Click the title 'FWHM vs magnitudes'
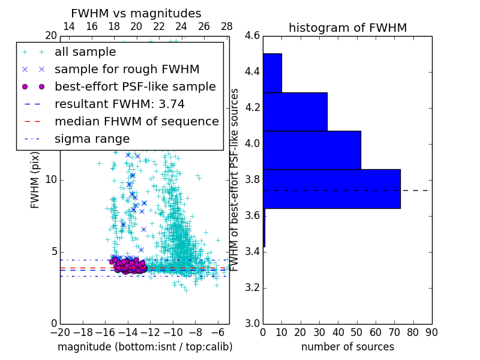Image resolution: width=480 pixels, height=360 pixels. click(x=136, y=13)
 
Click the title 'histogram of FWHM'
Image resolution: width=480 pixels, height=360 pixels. click(x=347, y=28)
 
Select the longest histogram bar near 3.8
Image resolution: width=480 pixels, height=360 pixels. click(x=331, y=188)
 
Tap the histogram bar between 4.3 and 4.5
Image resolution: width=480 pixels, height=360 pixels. click(x=272, y=73)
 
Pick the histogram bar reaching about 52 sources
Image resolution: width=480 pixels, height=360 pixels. click(x=312, y=150)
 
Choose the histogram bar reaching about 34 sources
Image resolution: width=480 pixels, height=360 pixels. click(x=295, y=112)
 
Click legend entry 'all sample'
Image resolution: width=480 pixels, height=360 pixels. click(x=85, y=52)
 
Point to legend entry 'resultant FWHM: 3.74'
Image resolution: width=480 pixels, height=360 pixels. click(x=119, y=104)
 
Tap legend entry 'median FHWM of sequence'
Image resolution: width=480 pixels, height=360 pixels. click(x=136, y=121)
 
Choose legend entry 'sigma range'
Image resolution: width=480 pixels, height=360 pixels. click(x=92, y=139)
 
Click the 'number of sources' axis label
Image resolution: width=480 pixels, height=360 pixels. click(x=347, y=347)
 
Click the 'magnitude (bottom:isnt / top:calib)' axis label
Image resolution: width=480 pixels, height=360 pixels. click(x=145, y=347)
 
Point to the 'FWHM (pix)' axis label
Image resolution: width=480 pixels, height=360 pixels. click(x=35, y=180)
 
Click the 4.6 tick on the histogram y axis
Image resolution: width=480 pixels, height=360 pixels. click(x=252, y=36)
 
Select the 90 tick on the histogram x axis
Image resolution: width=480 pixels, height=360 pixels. click(x=431, y=332)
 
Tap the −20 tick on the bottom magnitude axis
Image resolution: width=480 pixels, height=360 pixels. click(x=60, y=332)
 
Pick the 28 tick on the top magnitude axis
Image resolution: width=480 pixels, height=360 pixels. click(x=227, y=26)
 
